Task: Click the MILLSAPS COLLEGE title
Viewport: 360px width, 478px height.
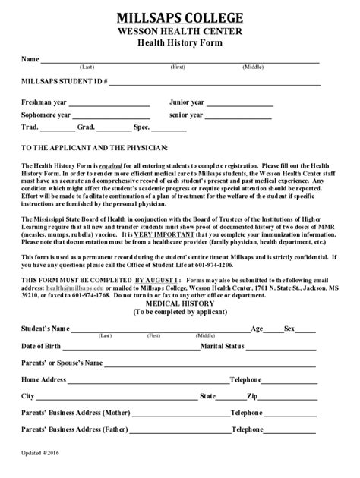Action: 180,17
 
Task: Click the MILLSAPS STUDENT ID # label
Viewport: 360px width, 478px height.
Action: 64,80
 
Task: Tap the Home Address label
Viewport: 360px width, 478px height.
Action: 44,379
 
